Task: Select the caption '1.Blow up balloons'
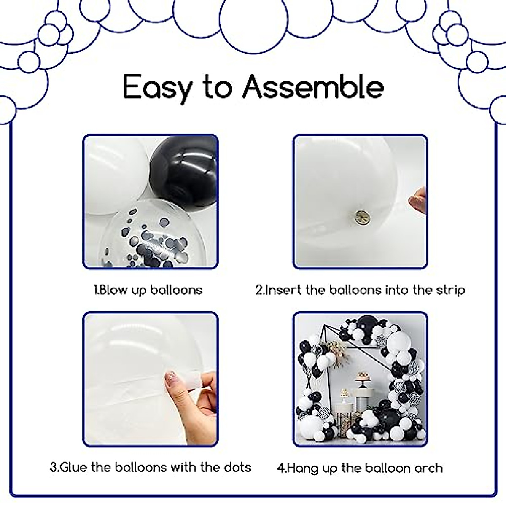(x=148, y=290)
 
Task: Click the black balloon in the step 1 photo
(x=183, y=169)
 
